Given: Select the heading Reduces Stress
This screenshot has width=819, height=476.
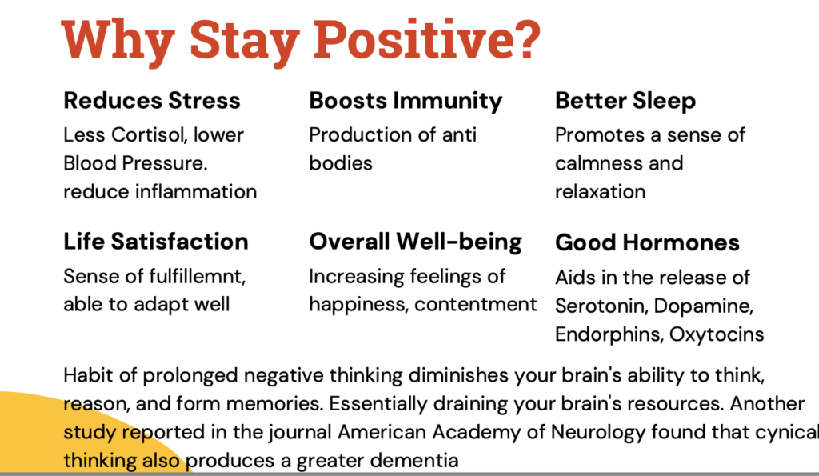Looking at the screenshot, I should tap(152, 101).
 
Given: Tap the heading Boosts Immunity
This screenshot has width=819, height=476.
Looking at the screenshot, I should tap(406, 101).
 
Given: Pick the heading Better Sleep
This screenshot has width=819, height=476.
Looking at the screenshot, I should tap(625, 101).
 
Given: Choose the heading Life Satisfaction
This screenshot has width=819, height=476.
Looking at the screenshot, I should tap(156, 241).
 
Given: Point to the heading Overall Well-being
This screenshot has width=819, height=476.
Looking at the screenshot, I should tap(415, 241).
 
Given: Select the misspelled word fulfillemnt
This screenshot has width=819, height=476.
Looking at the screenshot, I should tap(198, 276).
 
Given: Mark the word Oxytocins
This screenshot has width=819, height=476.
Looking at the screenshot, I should tap(719, 334).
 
